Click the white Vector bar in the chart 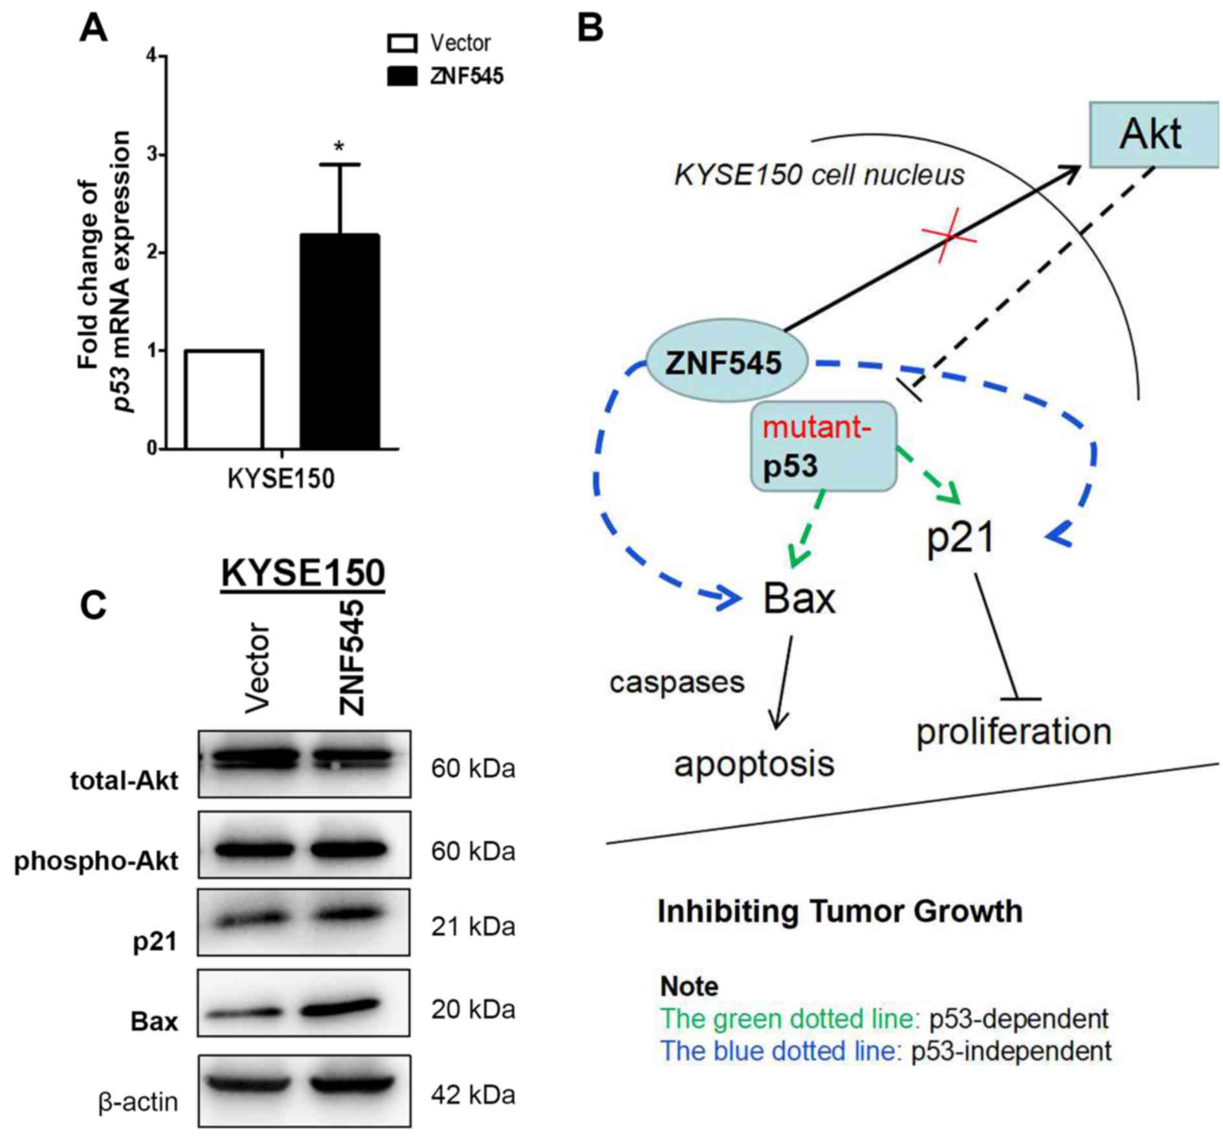(224, 399)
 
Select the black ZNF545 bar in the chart (339, 342)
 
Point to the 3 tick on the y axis (153, 155)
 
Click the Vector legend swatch (402, 43)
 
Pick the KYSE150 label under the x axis (281, 479)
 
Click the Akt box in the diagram (1153, 135)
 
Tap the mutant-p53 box (823, 446)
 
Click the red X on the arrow (949, 236)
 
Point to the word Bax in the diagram (799, 598)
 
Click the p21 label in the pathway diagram (960, 538)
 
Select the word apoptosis (754, 764)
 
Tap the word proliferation (1013, 732)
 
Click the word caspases (677, 683)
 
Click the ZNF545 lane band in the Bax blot (341, 1007)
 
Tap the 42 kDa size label (473, 1095)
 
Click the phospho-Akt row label (96, 861)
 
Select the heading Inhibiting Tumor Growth (840, 912)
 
